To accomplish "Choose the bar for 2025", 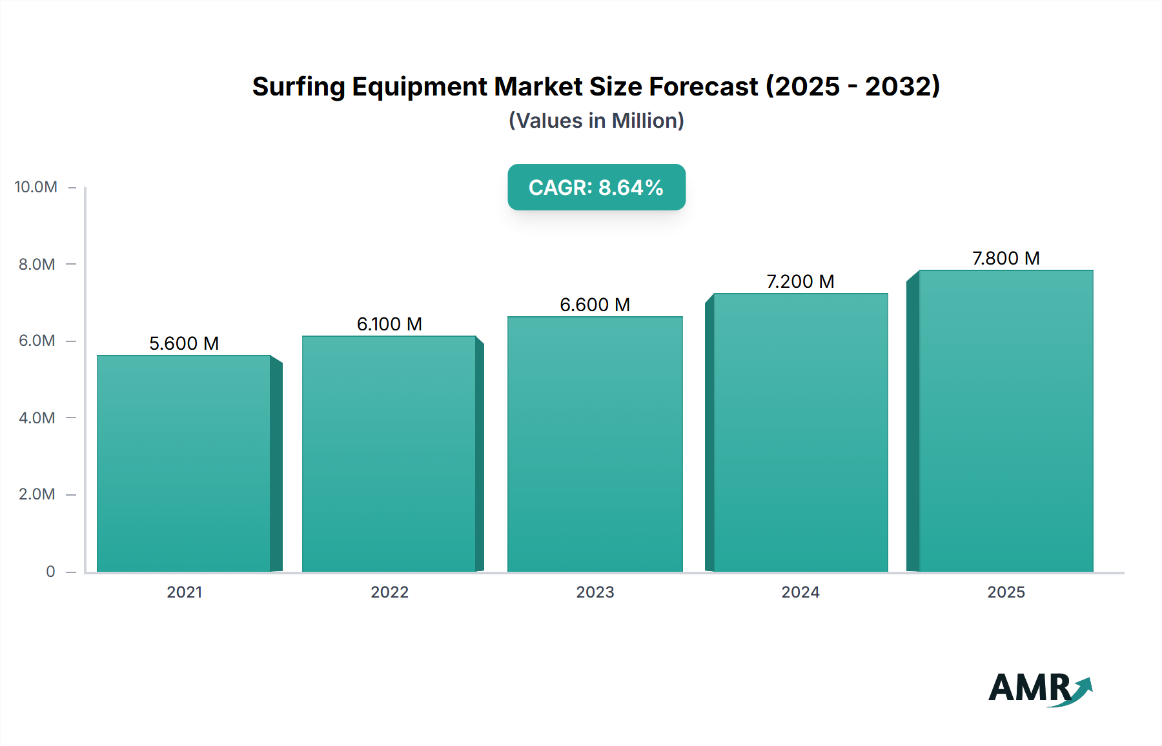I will click(1006, 421).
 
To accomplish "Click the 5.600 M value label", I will click(184, 343).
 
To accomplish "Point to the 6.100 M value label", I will click(389, 324).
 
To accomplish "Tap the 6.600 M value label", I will click(595, 305).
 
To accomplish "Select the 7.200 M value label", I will click(800, 281).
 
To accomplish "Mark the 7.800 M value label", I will click(1006, 258).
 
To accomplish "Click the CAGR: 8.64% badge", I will click(596, 187).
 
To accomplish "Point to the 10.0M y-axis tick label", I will click(36, 187).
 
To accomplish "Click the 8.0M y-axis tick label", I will click(37, 264).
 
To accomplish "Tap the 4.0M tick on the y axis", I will click(37, 418).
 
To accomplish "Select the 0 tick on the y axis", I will click(50, 571).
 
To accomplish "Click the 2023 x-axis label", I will click(595, 592).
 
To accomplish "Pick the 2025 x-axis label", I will click(1006, 592).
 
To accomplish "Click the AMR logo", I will click(1039, 688).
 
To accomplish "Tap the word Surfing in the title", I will click(298, 86).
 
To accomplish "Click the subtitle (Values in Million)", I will click(596, 121).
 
